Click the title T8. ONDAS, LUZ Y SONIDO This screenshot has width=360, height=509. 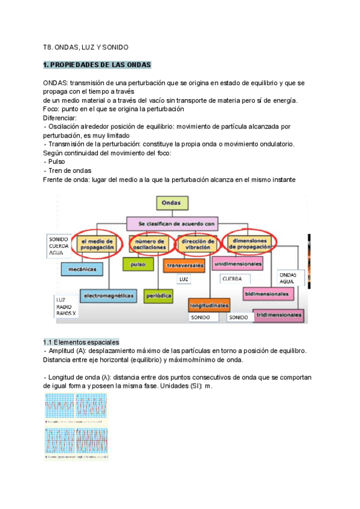pyautogui.click(x=86, y=46)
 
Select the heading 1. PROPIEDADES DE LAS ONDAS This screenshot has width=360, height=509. pyautogui.click(x=98, y=65)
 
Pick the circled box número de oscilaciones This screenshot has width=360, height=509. pyautogui.click(x=146, y=244)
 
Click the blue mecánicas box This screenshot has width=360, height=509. pyautogui.click(x=82, y=270)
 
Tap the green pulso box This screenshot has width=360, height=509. pyautogui.click(x=138, y=264)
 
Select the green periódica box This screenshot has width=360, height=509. pyautogui.click(x=158, y=295)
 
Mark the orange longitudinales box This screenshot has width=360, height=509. pyautogui.click(x=209, y=304)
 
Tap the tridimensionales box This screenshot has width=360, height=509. pyautogui.click(x=278, y=315)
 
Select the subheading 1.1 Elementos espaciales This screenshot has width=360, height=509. pyautogui.click(x=81, y=341)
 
